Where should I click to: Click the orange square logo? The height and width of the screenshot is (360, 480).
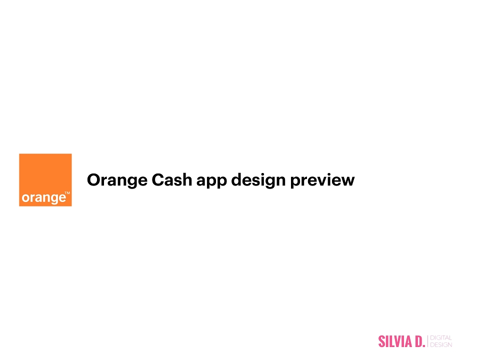[x=45, y=180]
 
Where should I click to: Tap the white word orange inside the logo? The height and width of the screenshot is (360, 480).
[x=44, y=198]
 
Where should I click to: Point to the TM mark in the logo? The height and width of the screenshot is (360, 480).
[x=67, y=193]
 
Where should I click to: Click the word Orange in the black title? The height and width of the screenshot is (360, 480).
[x=117, y=180]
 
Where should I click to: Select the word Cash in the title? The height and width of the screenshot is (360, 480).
[x=171, y=179]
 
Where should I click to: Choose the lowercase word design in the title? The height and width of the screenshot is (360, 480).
[x=258, y=180]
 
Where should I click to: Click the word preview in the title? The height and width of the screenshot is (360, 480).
[x=322, y=180]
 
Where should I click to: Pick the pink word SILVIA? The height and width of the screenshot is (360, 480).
[x=395, y=341]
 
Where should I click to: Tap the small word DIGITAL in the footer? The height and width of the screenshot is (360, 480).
[x=441, y=338]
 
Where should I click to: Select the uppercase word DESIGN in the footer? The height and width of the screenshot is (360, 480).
[x=441, y=345]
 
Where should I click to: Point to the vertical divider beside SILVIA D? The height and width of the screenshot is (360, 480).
[x=427, y=341]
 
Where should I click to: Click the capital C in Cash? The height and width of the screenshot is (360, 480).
[x=158, y=179]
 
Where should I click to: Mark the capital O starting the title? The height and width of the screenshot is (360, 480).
[x=94, y=179]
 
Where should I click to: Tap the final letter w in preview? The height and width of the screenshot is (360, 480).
[x=348, y=181]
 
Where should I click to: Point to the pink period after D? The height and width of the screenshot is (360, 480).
[x=424, y=346]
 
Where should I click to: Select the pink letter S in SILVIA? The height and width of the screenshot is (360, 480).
[x=381, y=341]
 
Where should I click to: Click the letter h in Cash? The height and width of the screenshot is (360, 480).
[x=187, y=179]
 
